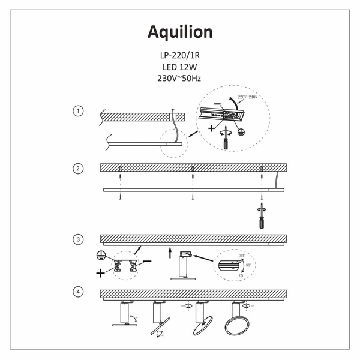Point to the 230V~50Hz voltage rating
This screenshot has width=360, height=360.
[179, 79]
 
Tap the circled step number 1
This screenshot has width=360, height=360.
[77, 112]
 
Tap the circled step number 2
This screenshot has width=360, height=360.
[77, 169]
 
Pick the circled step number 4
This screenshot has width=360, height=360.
[77, 292]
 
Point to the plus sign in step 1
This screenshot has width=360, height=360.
[212, 128]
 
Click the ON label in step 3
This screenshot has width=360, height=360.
[241, 275]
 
